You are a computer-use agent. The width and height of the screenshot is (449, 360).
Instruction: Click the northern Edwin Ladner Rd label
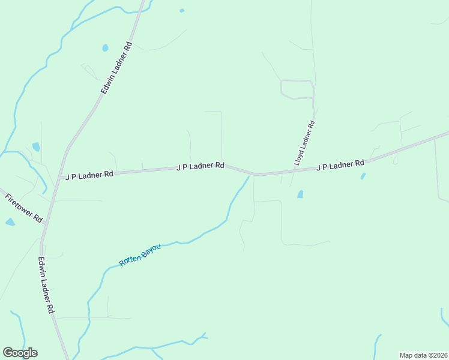point(116,69)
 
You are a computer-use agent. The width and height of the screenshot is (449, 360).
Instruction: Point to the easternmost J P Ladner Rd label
point(340,164)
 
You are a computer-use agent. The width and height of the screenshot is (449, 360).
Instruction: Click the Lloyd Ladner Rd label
point(305,142)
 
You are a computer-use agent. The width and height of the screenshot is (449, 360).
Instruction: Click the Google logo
point(20,353)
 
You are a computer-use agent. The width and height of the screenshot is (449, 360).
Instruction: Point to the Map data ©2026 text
point(423,355)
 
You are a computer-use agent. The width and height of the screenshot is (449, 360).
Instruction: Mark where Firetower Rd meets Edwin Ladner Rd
point(44,224)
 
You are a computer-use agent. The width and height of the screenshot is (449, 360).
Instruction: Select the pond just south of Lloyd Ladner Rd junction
point(300,194)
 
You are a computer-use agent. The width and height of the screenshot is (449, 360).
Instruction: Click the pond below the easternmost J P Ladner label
point(363,176)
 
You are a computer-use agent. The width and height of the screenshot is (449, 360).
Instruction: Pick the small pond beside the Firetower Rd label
point(10,222)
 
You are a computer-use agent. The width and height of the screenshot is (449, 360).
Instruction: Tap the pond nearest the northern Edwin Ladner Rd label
point(106,48)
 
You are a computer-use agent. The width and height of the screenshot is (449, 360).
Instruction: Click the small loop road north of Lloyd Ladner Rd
point(297,89)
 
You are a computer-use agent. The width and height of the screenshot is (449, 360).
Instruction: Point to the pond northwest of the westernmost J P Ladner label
point(36,146)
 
